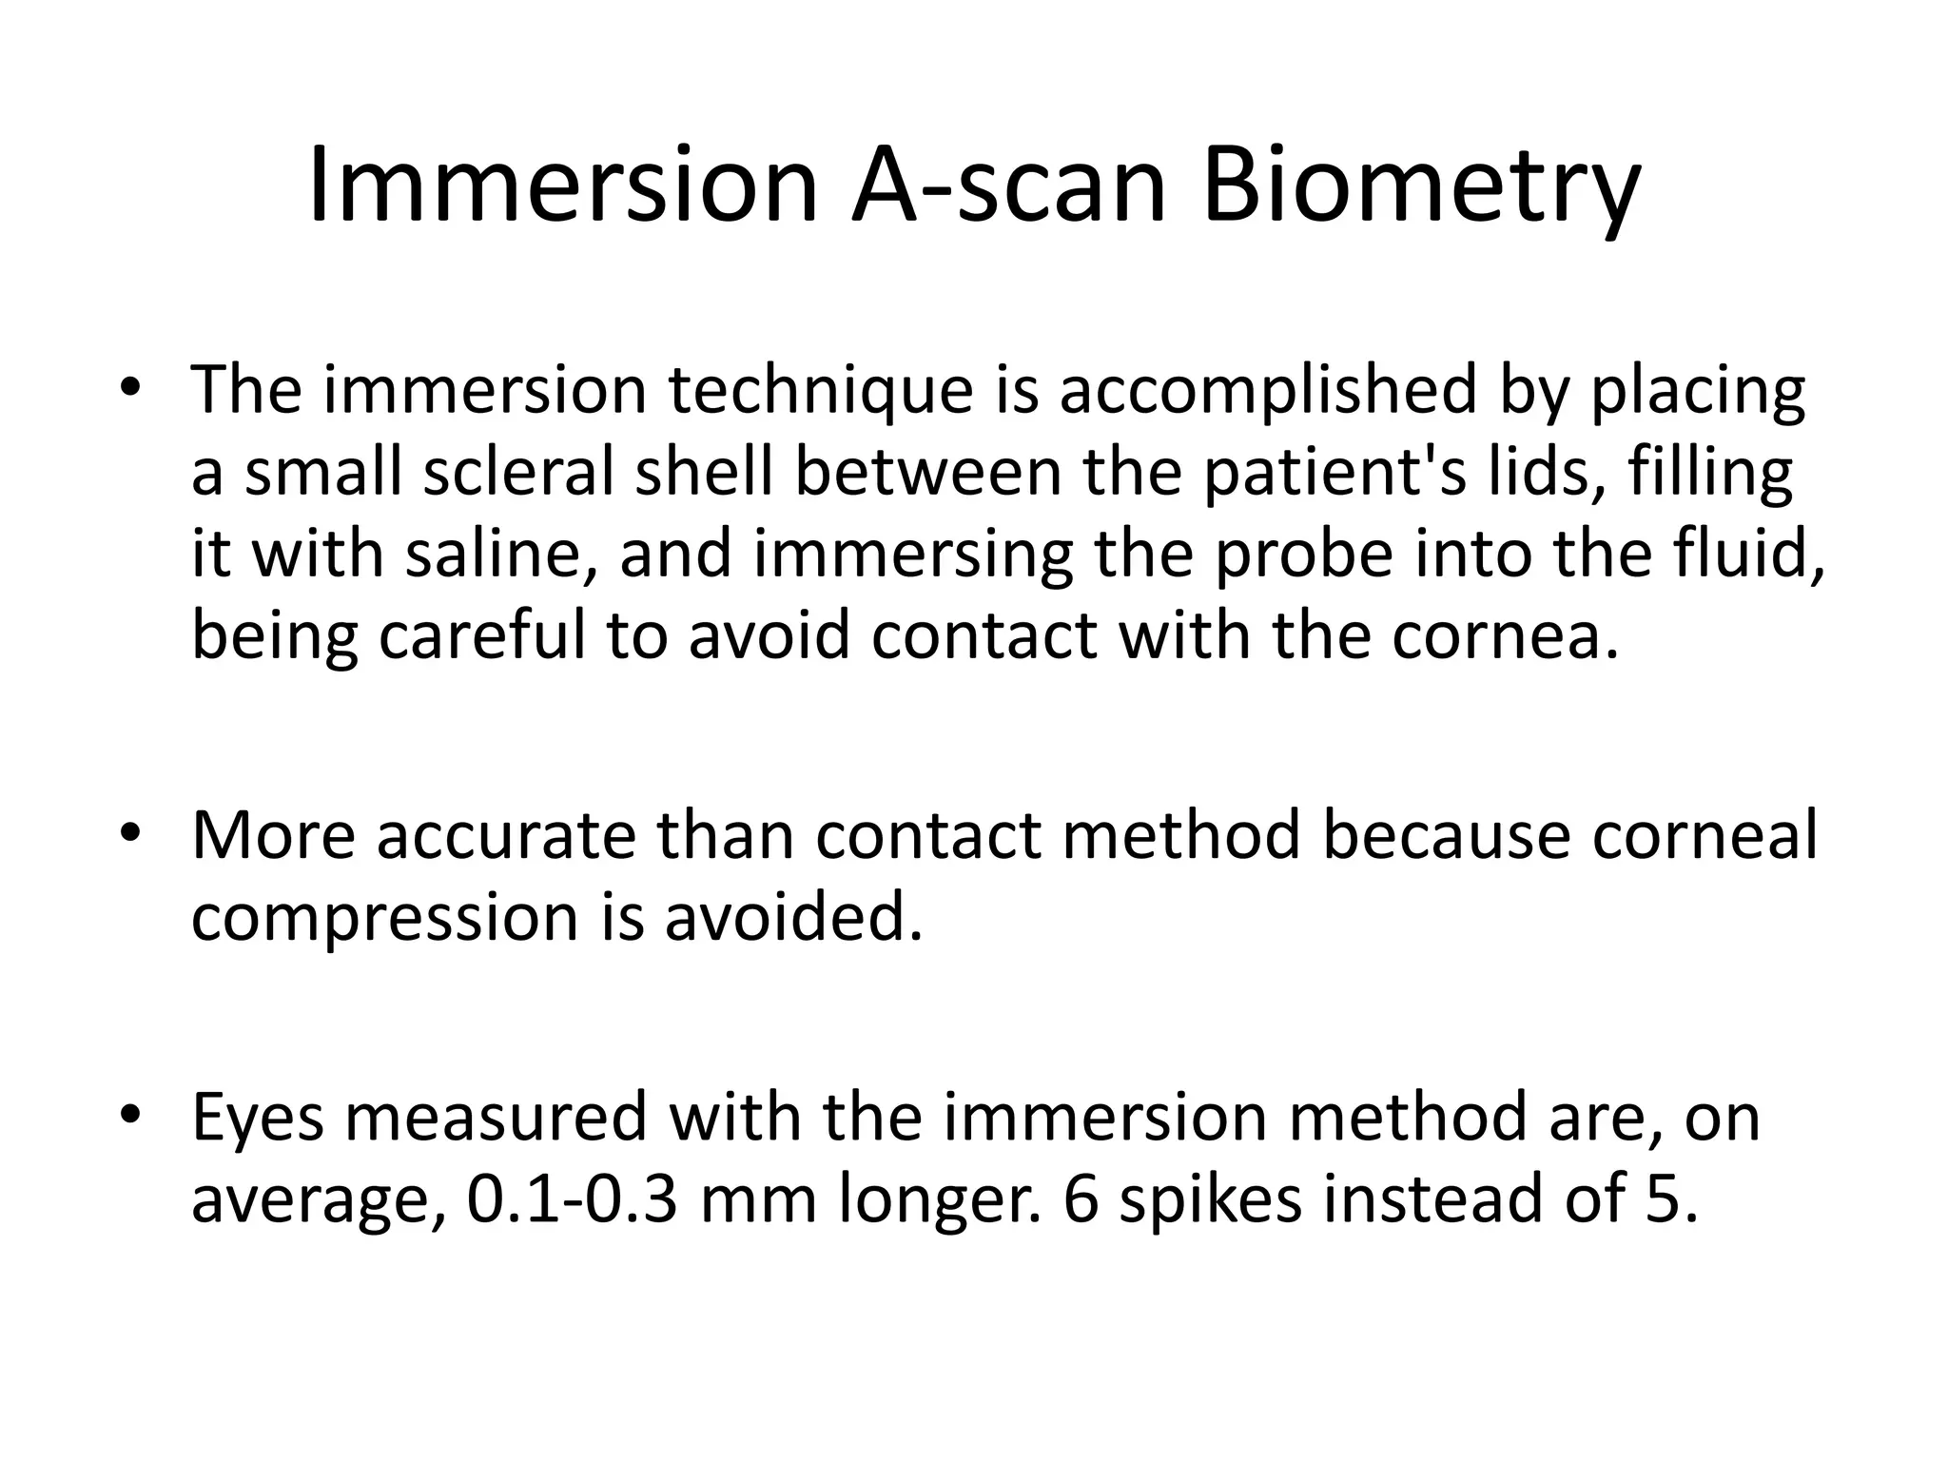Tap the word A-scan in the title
point(1008,185)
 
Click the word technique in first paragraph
point(821,392)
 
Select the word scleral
point(519,472)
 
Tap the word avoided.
point(793,918)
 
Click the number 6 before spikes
point(1080,1199)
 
